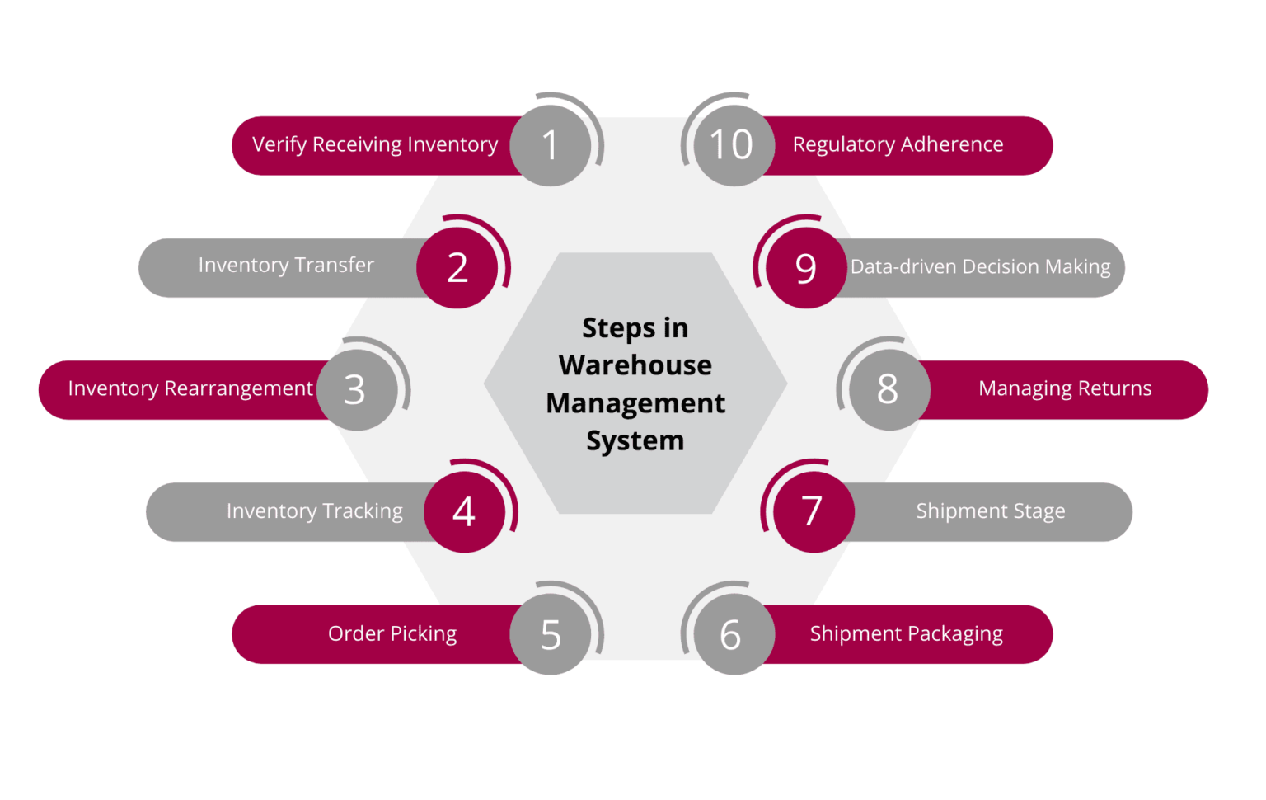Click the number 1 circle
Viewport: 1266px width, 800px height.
click(551, 146)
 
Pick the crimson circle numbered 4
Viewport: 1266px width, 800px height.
click(464, 511)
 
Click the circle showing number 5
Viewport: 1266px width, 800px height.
click(551, 634)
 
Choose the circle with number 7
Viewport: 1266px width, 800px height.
click(812, 511)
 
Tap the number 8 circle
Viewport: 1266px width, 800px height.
click(888, 389)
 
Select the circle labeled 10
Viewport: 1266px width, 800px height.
click(732, 146)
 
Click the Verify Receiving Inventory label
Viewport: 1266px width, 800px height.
click(375, 145)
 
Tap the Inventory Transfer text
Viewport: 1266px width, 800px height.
click(286, 266)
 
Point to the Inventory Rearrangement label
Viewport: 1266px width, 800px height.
click(190, 388)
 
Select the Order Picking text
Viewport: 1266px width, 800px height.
click(392, 633)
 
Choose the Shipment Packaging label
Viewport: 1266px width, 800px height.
click(906, 633)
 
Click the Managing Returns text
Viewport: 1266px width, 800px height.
click(1065, 388)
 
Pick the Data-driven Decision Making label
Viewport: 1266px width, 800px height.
click(980, 267)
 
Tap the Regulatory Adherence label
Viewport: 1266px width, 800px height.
click(898, 145)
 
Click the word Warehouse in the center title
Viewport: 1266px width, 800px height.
click(635, 365)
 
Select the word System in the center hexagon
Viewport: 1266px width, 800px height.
click(635, 441)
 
